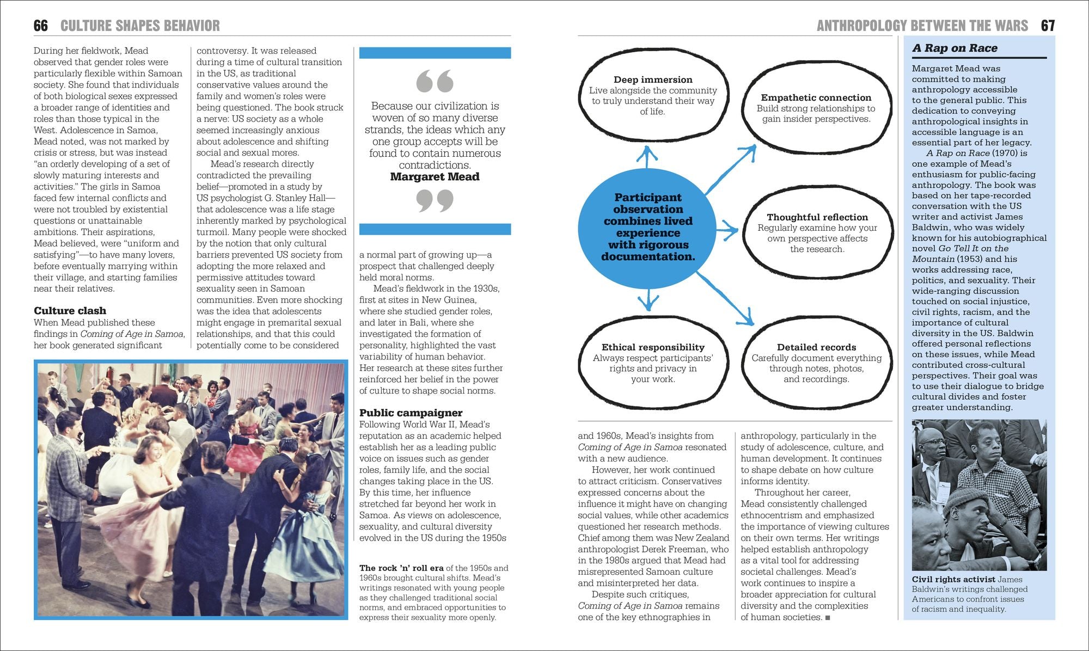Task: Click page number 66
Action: [x=41, y=26]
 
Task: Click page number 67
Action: [x=1048, y=26]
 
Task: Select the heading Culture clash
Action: [x=70, y=311]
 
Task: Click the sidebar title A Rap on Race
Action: [x=955, y=48]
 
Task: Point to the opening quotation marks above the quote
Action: [x=435, y=81]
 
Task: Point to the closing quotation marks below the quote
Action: [x=435, y=200]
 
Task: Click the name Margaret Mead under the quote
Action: [x=435, y=177]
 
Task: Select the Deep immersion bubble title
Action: [x=653, y=79]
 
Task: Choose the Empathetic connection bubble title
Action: [x=816, y=97]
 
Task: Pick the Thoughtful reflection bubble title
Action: [x=817, y=217]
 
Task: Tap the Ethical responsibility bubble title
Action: [x=653, y=347]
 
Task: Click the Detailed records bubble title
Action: [x=816, y=347]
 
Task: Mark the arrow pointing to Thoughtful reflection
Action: [x=727, y=231]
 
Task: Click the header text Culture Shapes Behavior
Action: [x=140, y=26]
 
